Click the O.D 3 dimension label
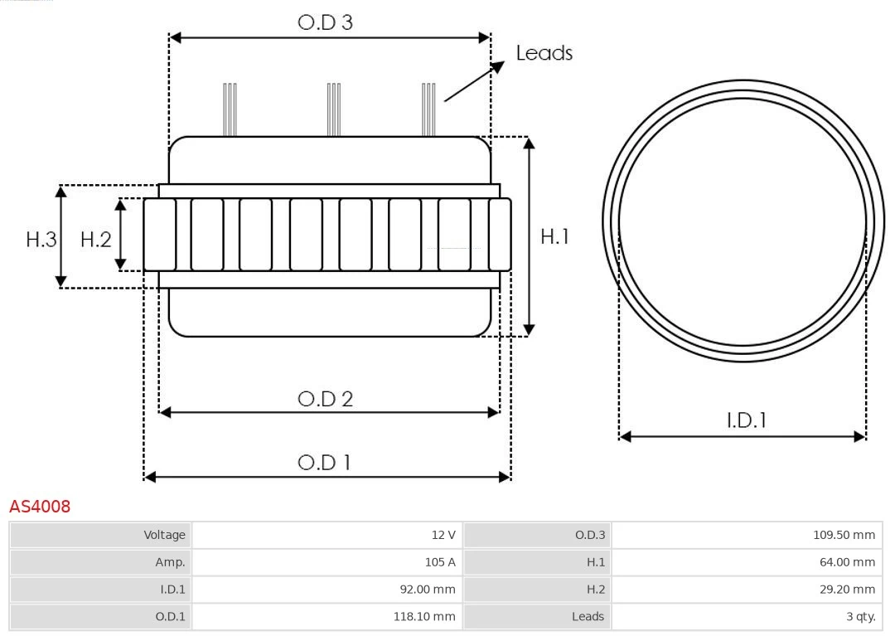(x=325, y=22)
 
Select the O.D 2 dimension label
(x=325, y=399)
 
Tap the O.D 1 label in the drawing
(x=324, y=462)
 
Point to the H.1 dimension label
(x=554, y=236)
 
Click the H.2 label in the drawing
(x=95, y=240)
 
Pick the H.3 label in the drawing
(x=41, y=240)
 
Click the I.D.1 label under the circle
(x=746, y=420)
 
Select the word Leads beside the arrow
(x=544, y=53)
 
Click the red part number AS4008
(x=40, y=506)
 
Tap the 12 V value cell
(x=327, y=535)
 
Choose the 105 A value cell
(x=327, y=562)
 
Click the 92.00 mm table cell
(x=327, y=589)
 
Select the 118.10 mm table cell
(x=327, y=616)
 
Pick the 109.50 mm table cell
(x=747, y=535)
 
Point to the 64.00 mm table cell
(x=747, y=562)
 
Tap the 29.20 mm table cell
(x=747, y=589)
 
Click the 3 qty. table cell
(x=747, y=616)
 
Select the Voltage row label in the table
(x=100, y=535)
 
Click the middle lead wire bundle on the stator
(x=333, y=109)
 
